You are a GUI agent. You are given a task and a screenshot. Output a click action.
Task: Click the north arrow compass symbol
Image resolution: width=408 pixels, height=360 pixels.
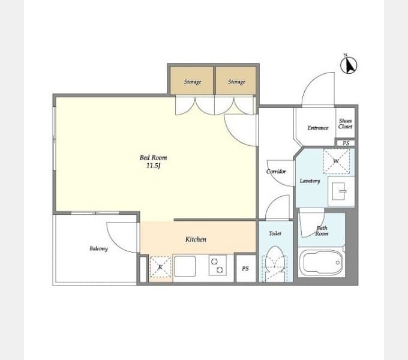click(349, 65)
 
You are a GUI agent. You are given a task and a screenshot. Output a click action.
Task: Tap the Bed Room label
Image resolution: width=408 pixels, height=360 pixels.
click(153, 158)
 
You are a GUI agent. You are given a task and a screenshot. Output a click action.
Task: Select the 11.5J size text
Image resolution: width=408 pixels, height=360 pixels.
click(153, 166)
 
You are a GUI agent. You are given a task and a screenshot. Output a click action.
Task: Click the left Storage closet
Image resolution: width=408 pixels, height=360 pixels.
click(192, 80)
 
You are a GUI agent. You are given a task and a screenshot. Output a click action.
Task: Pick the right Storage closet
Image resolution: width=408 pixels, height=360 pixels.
click(236, 80)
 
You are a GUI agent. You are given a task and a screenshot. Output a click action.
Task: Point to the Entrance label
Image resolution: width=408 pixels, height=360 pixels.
click(318, 128)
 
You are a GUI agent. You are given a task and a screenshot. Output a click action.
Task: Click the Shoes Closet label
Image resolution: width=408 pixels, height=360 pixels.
click(345, 124)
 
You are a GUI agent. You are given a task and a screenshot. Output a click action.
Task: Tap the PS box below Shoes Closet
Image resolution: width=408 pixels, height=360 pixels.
click(346, 143)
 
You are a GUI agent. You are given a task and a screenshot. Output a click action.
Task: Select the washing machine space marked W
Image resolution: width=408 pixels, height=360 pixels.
click(337, 161)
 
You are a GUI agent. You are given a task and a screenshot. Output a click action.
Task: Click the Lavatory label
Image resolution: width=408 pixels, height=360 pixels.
click(310, 181)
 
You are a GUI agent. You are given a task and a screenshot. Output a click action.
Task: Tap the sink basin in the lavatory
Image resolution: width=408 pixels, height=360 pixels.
click(339, 191)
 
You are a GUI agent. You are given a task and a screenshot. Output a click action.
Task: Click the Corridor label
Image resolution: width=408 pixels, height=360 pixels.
click(276, 172)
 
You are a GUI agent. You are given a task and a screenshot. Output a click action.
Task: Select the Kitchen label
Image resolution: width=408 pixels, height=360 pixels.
click(196, 239)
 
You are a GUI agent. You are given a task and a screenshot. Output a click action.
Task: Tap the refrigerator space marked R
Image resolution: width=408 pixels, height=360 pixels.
click(160, 267)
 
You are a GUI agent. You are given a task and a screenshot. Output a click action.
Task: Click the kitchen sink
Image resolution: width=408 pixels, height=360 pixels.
click(185, 266)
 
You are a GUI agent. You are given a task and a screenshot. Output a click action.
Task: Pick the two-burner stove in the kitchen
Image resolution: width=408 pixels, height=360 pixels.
click(218, 265)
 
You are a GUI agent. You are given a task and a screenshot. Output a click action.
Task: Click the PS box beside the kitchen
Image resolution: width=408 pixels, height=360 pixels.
click(245, 268)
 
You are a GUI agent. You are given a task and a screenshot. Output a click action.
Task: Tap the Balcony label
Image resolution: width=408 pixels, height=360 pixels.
click(98, 248)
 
